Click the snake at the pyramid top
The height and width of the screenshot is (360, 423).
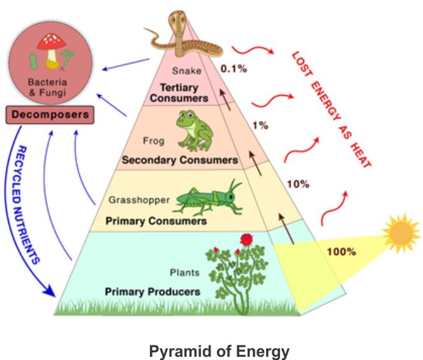coord(185,38)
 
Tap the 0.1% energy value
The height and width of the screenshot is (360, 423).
coord(233,68)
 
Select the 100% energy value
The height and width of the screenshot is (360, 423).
coord(341,251)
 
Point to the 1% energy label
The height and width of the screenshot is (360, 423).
coord(260,125)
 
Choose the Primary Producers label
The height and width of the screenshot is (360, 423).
coord(152,292)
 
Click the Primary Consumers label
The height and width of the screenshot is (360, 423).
coord(156,221)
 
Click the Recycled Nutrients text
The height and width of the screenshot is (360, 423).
coord(28,204)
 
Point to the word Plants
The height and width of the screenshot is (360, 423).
coord(184,273)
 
